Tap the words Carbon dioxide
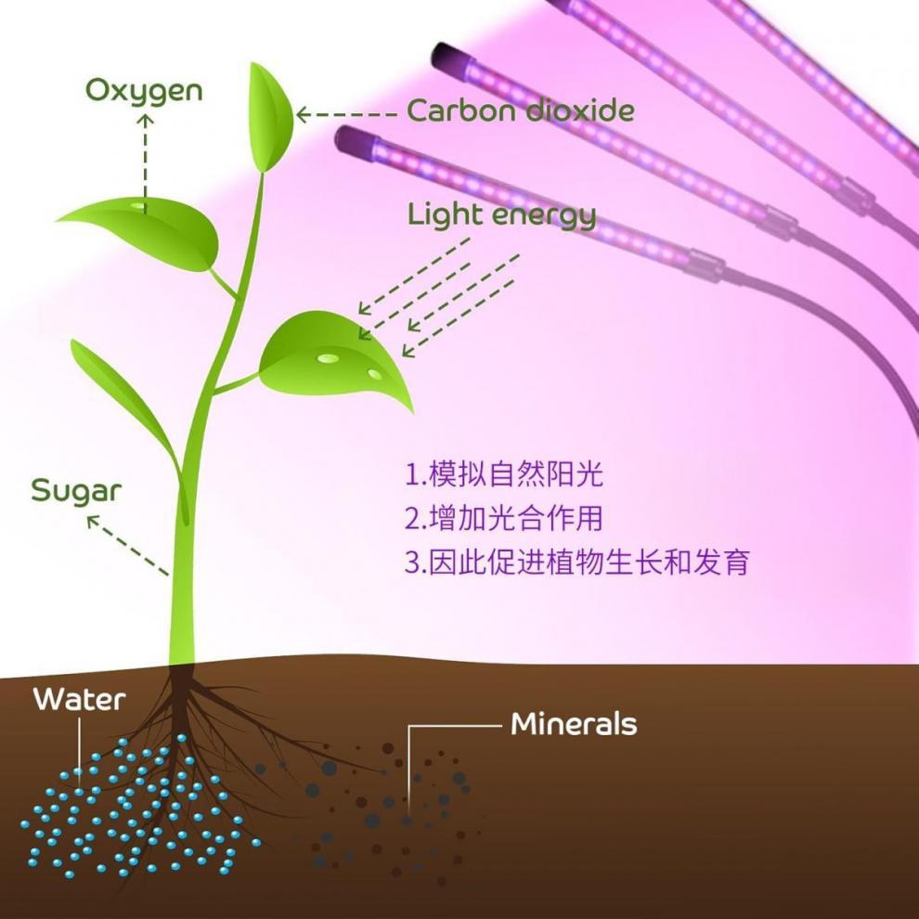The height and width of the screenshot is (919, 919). (x=521, y=112)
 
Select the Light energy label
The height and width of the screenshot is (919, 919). (x=501, y=215)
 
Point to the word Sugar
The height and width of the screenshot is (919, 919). (x=76, y=490)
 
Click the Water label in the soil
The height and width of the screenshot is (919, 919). (x=79, y=699)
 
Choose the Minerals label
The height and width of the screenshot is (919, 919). (x=574, y=724)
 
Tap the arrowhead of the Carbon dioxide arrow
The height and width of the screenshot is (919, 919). (x=302, y=114)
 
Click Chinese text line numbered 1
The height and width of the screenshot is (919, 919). (x=504, y=475)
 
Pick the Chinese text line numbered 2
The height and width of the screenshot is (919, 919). (x=510, y=518)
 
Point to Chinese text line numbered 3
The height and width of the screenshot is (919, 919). (x=576, y=562)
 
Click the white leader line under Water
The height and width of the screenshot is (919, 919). (x=80, y=747)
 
